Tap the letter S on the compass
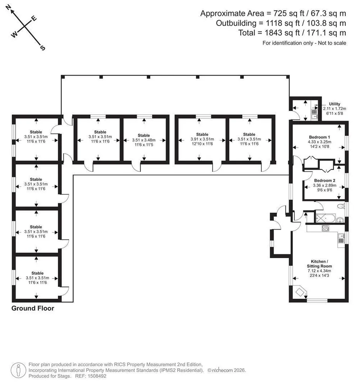click(x=43, y=48)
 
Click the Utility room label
click(x=334, y=104)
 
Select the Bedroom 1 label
click(x=319, y=137)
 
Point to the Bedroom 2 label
click(x=325, y=181)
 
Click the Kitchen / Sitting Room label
click(x=319, y=264)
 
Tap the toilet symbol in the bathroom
click(x=341, y=206)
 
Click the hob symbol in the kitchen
click(x=325, y=228)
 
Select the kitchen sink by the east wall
click(x=341, y=238)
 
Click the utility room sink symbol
click(x=314, y=114)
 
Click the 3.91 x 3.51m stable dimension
click(x=202, y=139)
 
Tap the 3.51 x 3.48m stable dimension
click(x=144, y=140)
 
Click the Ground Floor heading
click(x=33, y=308)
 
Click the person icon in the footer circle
click(x=18, y=371)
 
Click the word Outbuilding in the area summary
click(x=236, y=23)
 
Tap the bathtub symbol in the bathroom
click(x=325, y=219)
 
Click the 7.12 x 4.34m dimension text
click(x=319, y=271)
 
